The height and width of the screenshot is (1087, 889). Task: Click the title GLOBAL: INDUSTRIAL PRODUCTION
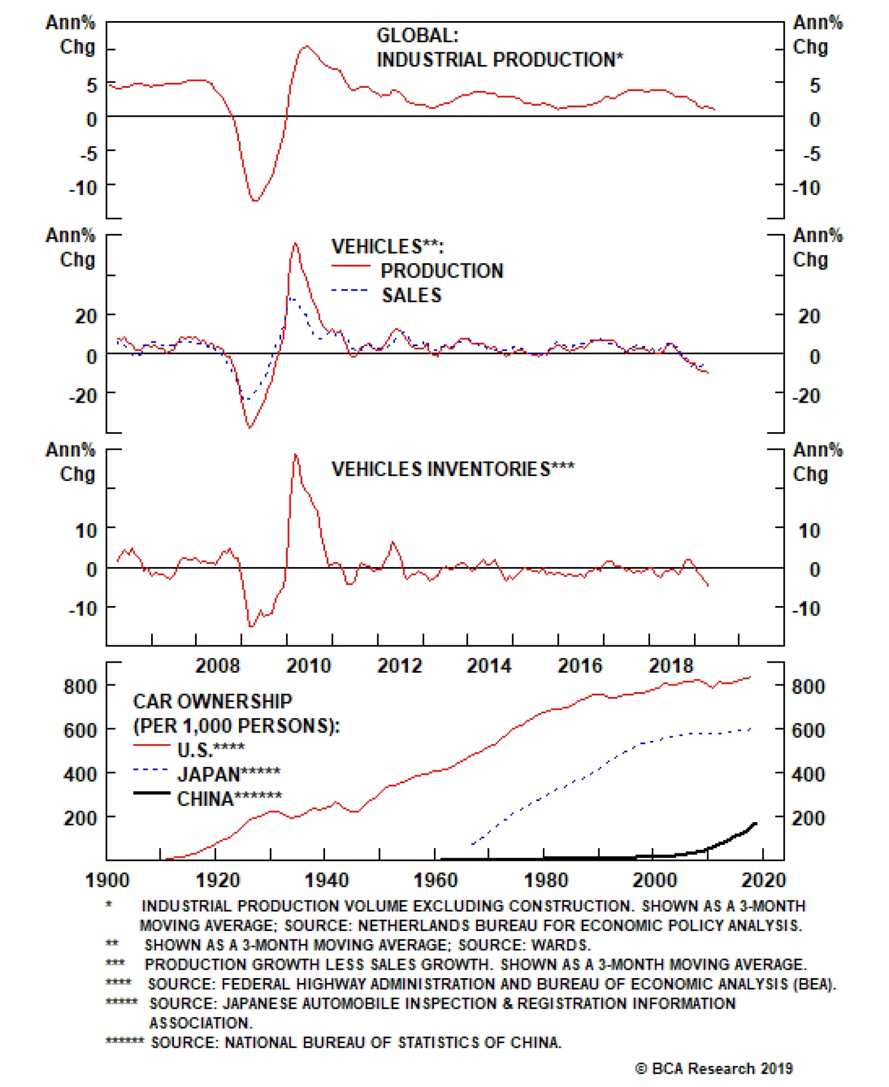pyautogui.click(x=499, y=48)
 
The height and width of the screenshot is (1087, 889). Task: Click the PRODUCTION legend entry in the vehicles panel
pyautogui.click(x=442, y=271)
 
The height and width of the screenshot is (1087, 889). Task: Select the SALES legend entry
pyautogui.click(x=411, y=295)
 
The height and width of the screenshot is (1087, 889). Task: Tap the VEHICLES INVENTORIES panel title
pyautogui.click(x=453, y=469)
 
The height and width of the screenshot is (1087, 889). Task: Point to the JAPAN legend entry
pyautogui.click(x=228, y=774)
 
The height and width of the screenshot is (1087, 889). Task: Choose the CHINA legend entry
pyautogui.click(x=229, y=799)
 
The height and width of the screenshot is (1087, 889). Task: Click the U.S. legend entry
pyautogui.click(x=211, y=750)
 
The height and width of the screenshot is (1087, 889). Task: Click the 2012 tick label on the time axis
pyautogui.click(x=399, y=665)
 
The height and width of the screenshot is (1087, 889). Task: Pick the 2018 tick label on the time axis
pyautogui.click(x=671, y=665)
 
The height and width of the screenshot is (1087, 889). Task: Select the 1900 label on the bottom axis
pyautogui.click(x=107, y=880)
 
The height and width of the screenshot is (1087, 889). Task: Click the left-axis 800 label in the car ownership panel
pyautogui.click(x=80, y=687)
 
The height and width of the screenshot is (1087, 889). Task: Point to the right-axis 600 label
pyautogui.click(x=808, y=730)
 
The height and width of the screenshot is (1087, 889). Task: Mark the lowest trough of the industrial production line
pyautogui.click(x=255, y=201)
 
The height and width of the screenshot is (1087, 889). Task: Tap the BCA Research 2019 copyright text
pyautogui.click(x=714, y=1068)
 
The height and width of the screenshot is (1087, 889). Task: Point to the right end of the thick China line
pyautogui.click(x=755, y=823)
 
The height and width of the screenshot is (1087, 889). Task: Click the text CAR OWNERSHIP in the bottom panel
pyautogui.click(x=212, y=702)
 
